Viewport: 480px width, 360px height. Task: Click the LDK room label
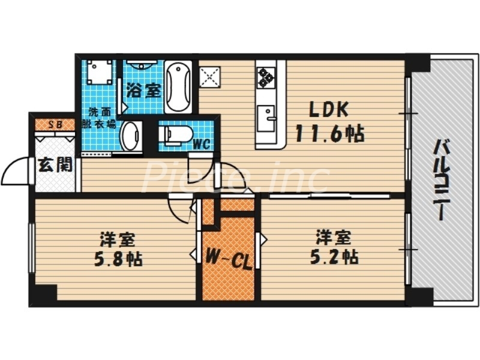point(328,110)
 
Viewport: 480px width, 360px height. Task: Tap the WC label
point(200,144)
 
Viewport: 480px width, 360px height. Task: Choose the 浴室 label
point(143,91)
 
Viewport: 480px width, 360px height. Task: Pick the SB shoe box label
point(55,125)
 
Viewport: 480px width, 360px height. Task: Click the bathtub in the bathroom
point(178,86)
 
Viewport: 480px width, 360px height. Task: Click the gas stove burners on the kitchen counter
point(265,77)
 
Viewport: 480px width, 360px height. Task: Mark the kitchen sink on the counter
point(265,115)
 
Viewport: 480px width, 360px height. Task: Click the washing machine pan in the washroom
point(99,73)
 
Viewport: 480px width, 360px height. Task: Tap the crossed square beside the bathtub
point(210,76)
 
